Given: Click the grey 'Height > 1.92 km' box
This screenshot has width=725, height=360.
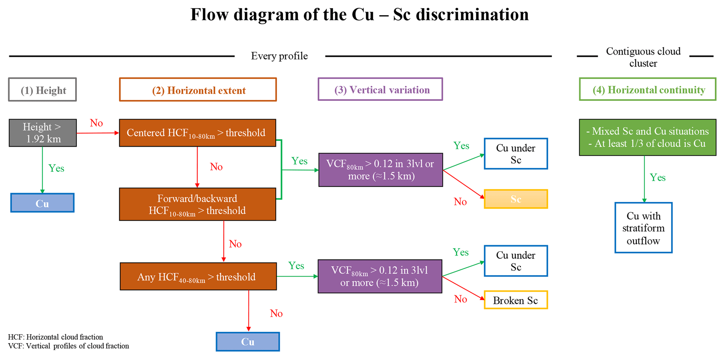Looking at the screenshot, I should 42,133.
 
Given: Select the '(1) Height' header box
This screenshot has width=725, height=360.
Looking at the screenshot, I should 42,90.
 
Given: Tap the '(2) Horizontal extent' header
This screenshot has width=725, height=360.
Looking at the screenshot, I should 198,90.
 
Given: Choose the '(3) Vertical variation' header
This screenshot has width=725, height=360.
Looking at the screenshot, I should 380,89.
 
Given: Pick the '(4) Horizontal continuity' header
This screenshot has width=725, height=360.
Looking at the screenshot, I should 648,89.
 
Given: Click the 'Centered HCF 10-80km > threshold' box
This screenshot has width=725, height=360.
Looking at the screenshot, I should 197,133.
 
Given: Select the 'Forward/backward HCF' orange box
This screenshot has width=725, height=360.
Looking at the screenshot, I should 197,204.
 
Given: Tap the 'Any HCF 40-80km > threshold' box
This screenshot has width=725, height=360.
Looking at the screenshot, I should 198,277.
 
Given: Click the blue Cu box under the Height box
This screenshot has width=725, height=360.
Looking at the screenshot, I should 42,203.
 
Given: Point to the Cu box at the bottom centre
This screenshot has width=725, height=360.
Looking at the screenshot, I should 248,342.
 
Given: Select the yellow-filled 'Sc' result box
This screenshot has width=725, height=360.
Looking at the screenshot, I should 516,199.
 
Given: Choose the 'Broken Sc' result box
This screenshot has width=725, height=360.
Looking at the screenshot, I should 516,300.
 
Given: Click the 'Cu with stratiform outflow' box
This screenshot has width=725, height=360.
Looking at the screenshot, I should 643,228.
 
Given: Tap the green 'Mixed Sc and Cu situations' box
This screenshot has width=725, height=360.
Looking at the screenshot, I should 648,137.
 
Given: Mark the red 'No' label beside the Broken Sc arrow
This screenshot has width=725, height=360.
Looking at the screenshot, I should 460,299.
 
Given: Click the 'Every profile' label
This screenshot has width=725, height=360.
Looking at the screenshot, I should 279,56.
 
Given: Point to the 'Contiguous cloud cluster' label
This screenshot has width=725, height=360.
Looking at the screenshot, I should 643,57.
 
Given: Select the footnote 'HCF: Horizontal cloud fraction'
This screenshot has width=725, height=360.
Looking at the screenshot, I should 55,337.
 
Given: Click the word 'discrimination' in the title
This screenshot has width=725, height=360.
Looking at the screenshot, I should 470,15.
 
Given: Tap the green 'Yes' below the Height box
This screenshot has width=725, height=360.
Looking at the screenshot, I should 56,168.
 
